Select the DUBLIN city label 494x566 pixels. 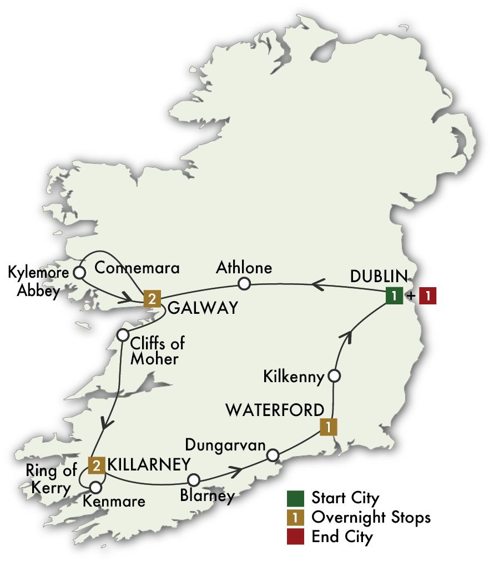click(379, 276)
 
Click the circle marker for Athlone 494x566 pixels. click(244, 284)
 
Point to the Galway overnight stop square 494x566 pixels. click(152, 299)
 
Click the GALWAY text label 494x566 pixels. click(202, 308)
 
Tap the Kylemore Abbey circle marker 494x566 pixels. click(79, 273)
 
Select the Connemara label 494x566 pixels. click(138, 268)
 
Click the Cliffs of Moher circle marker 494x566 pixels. click(123, 335)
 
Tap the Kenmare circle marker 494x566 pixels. click(95, 487)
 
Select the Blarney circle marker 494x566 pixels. click(193, 479)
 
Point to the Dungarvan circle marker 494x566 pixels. click(273, 455)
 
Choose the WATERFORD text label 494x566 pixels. click(274, 410)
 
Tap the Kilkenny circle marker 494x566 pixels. click(334, 376)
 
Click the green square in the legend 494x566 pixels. click(295, 497)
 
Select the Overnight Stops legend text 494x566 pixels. click(371, 517)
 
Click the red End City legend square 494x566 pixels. click(295, 537)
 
